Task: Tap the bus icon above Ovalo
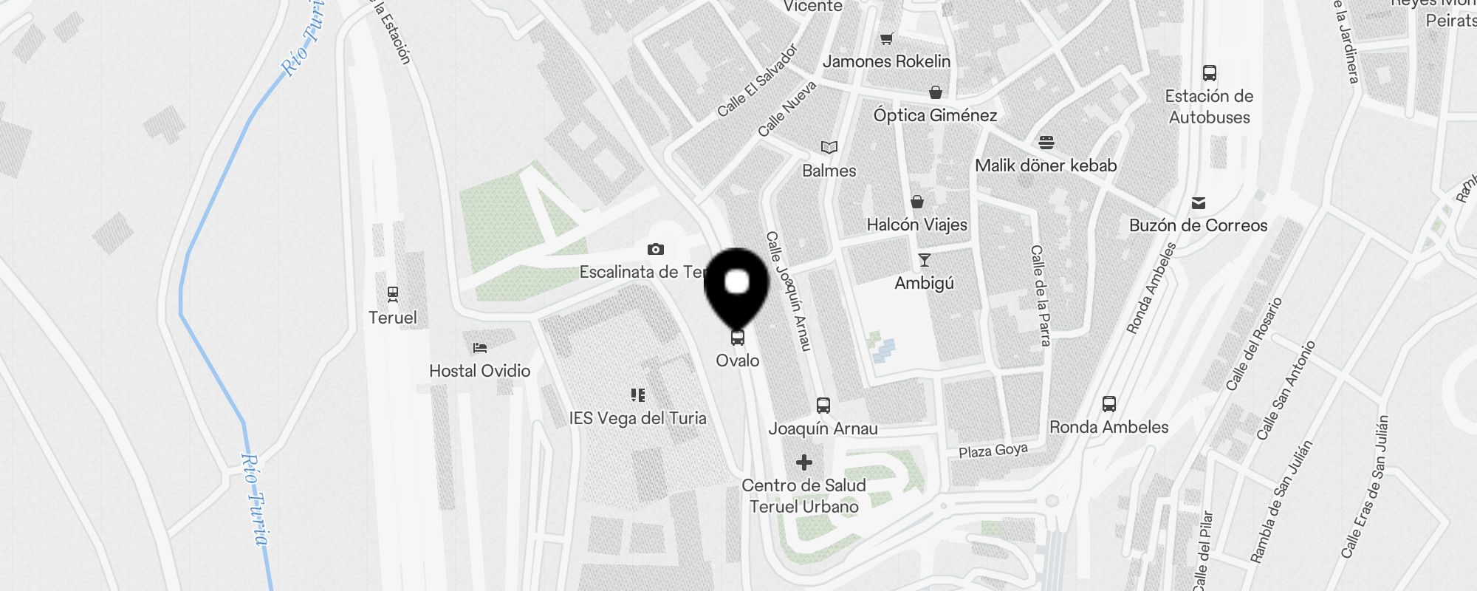pyautogui.click(x=737, y=338)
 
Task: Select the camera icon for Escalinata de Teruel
pyautogui.click(x=655, y=250)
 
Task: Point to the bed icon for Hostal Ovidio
pyautogui.click(x=480, y=347)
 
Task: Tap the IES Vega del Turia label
pyautogui.click(x=637, y=418)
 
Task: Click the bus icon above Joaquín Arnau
pyautogui.click(x=823, y=406)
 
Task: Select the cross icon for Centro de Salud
pyautogui.click(x=804, y=462)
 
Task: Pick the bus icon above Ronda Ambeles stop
pyautogui.click(x=1108, y=404)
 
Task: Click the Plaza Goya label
pyautogui.click(x=993, y=450)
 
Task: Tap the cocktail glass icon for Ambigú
pyautogui.click(x=924, y=260)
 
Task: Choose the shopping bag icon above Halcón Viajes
pyautogui.click(x=917, y=202)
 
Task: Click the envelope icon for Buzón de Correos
pyautogui.click(x=1199, y=202)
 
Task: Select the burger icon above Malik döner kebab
pyautogui.click(x=1046, y=142)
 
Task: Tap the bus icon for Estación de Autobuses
pyautogui.click(x=1209, y=73)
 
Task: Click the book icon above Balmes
pyautogui.click(x=829, y=148)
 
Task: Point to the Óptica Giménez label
pyautogui.click(x=935, y=115)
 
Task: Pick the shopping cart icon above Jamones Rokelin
pyautogui.click(x=886, y=38)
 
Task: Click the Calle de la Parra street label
pyautogui.click(x=1040, y=295)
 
